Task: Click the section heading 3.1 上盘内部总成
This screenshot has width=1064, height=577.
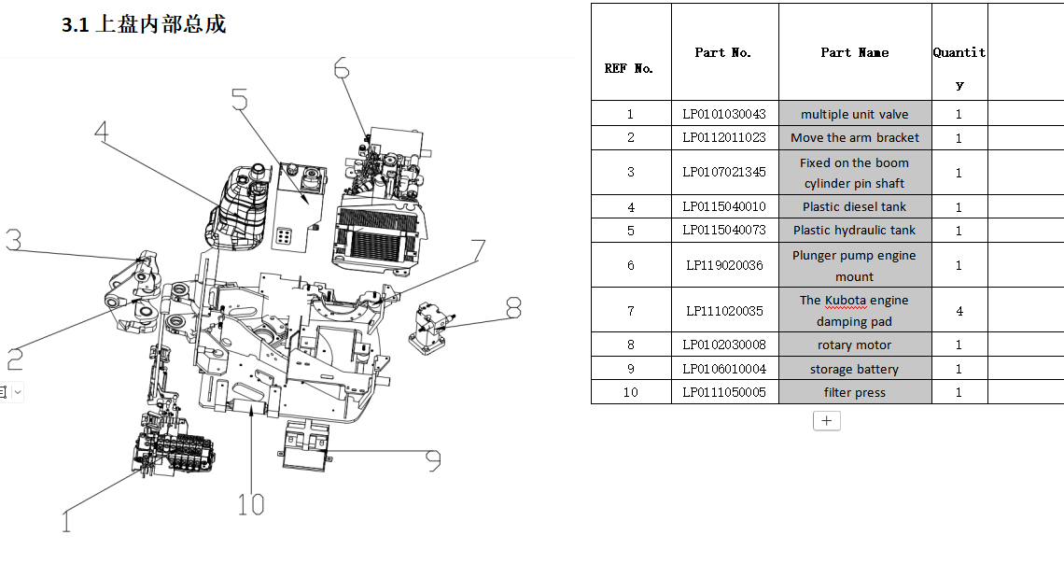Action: coord(144,25)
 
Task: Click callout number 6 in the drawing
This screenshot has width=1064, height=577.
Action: coord(341,68)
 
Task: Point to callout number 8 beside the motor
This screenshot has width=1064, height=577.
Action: coord(512,307)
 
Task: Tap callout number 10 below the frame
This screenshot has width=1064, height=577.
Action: coord(250,505)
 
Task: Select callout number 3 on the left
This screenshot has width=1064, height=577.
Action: coord(13,240)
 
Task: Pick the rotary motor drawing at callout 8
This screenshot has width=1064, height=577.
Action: coord(430,326)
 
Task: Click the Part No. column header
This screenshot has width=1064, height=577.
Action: coord(723,52)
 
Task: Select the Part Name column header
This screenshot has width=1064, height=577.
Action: coord(854,52)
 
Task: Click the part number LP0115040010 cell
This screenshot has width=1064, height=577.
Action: coord(724,206)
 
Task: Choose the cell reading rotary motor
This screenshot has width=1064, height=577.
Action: coord(854,345)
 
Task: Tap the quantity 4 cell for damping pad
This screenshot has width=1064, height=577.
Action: coord(959,311)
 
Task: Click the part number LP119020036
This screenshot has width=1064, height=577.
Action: coord(724,265)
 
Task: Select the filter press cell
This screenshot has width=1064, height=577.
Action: coord(854,392)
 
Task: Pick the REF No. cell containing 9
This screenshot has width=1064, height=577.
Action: coord(630,369)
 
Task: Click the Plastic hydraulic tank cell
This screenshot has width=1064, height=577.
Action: coord(854,230)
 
